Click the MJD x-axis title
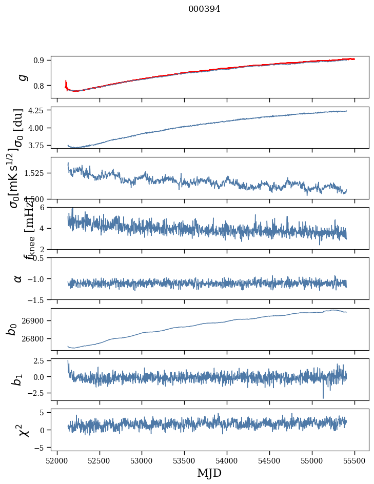tap(209, 473)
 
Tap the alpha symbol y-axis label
tap(18, 278)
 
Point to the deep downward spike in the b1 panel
tap(323, 396)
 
